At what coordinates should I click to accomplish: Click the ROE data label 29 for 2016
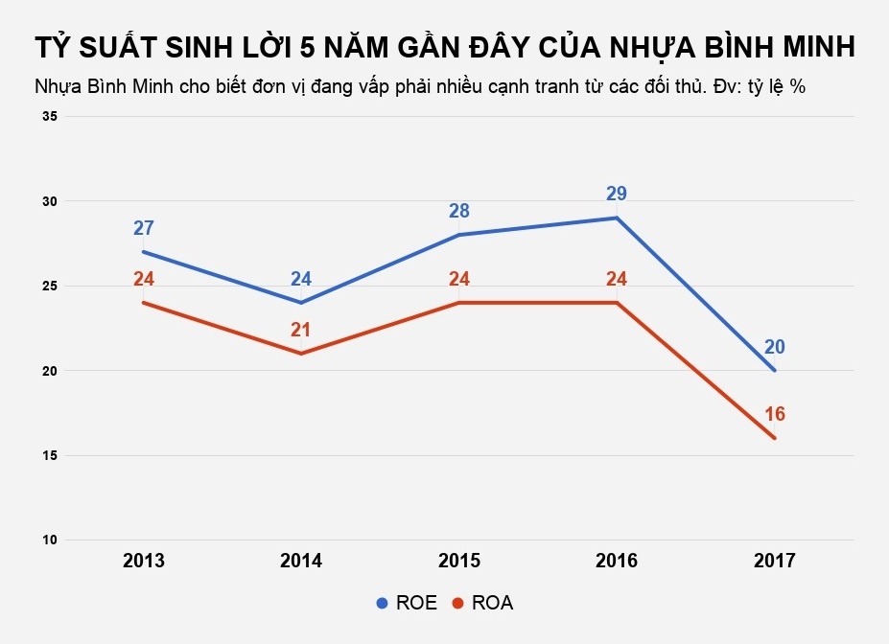(617, 194)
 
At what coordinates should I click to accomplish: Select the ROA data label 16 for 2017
(774, 414)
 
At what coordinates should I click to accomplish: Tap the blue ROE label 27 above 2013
(144, 228)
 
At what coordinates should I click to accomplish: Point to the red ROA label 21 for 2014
(301, 330)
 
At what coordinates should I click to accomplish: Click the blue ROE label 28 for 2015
(459, 211)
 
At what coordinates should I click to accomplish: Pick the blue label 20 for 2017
(774, 347)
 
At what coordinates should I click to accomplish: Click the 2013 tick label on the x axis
(144, 561)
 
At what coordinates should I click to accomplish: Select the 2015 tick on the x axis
(459, 561)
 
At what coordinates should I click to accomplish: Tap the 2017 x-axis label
(774, 561)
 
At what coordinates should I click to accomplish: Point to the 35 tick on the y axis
(49, 117)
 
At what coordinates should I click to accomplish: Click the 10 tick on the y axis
(49, 540)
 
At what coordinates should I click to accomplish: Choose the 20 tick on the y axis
(49, 371)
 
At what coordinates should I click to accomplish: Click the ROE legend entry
(406, 603)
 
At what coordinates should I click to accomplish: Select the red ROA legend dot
(457, 603)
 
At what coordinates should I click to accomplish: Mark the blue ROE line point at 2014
(301, 303)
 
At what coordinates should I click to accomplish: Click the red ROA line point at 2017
(774, 439)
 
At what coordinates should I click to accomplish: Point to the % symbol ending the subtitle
(797, 86)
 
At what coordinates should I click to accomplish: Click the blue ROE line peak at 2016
(617, 218)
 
